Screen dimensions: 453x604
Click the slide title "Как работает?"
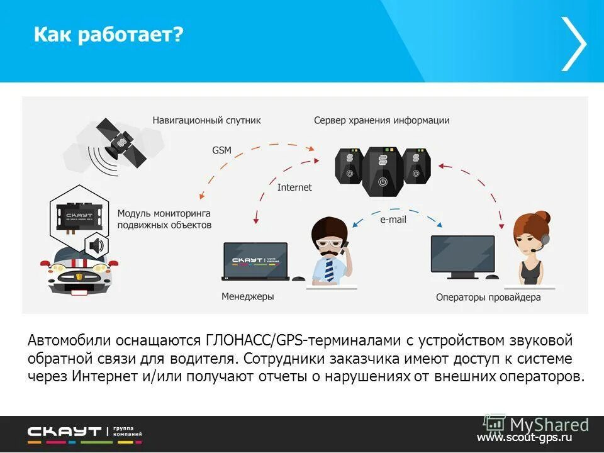[x=108, y=35]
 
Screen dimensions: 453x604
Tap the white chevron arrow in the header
[x=574, y=43]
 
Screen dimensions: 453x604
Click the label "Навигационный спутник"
[x=206, y=120]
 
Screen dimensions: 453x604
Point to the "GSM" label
[x=221, y=150]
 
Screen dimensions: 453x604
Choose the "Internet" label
[x=294, y=187]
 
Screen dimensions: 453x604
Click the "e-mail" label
[x=393, y=220]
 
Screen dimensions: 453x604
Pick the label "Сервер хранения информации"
[x=382, y=120]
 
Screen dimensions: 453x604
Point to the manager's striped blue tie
[x=329, y=269]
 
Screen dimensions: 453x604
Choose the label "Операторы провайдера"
[x=488, y=297]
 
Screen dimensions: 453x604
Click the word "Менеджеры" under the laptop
[x=247, y=296]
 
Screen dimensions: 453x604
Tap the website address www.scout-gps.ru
[x=524, y=437]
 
